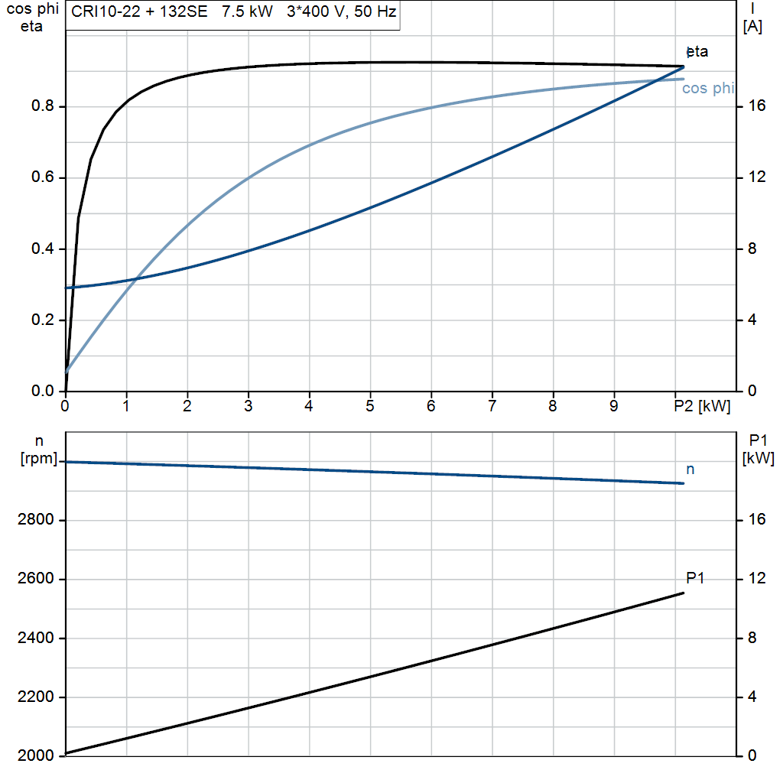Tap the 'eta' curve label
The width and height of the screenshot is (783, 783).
698,52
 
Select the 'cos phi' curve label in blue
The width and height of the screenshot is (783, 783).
707,89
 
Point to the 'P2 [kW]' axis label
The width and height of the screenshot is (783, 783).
702,407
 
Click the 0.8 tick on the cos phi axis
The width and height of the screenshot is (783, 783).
43,107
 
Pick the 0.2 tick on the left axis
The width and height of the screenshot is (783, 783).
43,320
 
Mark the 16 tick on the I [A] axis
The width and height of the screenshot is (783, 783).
757,107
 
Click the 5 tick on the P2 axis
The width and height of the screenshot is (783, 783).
370,407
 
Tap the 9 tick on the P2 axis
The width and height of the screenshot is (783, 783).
614,407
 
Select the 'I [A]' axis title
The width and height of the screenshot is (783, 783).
752,18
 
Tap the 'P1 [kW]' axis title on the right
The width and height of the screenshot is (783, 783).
758,449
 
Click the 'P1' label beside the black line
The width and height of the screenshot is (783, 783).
695,578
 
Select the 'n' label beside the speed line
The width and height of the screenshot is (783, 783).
690,469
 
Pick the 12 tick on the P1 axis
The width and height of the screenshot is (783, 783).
757,580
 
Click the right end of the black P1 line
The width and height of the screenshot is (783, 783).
683,593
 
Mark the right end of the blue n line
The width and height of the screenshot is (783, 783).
683,483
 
